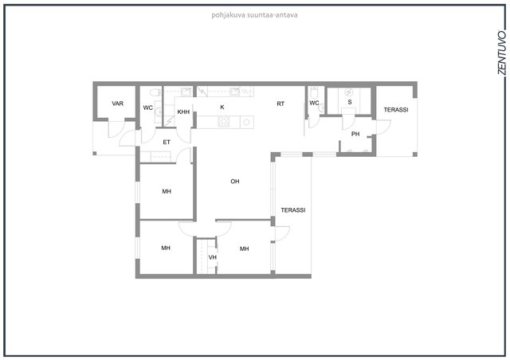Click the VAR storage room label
(x=117, y=104)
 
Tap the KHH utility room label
(x=183, y=112)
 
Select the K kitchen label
(x=222, y=107)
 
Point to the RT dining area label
(x=280, y=104)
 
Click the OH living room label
(x=235, y=181)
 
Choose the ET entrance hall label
(x=167, y=142)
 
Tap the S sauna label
(x=350, y=102)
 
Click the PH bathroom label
(x=355, y=134)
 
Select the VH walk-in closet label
(x=213, y=257)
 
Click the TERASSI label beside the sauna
(x=396, y=110)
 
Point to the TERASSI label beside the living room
(x=293, y=210)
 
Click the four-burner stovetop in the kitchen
(x=223, y=122)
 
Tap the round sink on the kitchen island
(x=246, y=123)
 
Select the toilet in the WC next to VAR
(x=155, y=92)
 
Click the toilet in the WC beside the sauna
(x=314, y=92)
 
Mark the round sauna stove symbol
(x=349, y=92)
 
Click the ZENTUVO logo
(x=502, y=53)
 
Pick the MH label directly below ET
(x=167, y=191)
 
